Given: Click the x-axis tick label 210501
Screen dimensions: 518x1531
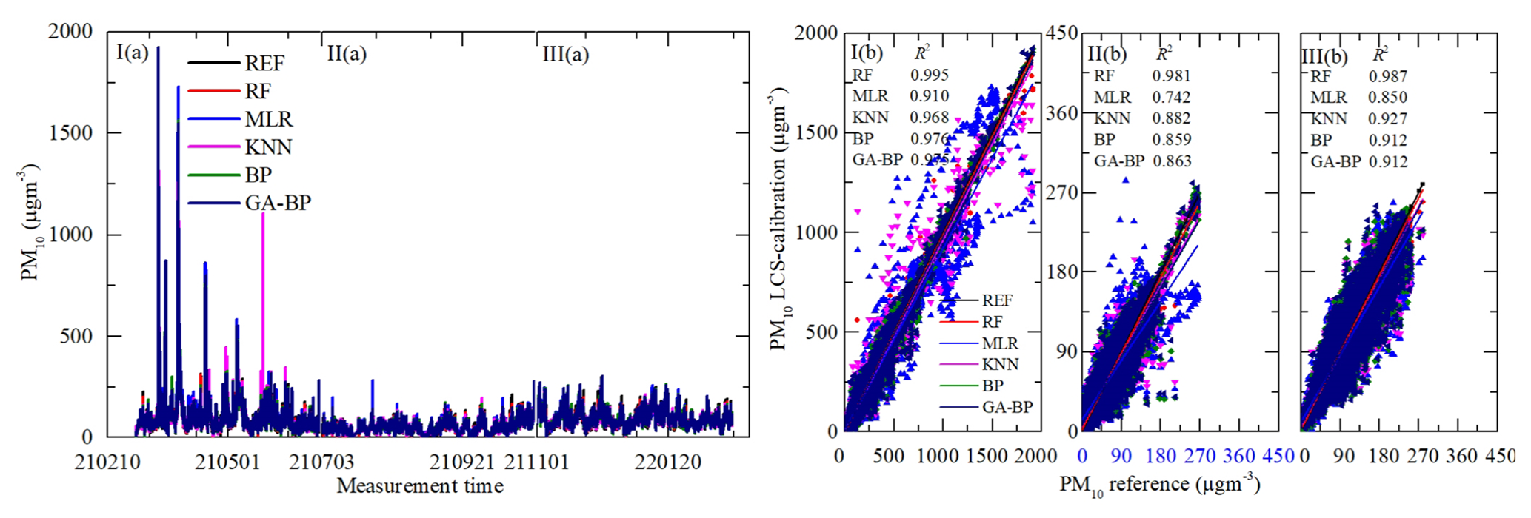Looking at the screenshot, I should [x=228, y=462].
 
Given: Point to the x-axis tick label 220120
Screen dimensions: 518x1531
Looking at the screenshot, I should [x=668, y=462].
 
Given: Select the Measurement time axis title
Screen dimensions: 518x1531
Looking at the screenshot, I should [x=420, y=486].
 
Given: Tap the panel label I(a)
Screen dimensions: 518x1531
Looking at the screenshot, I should [x=133, y=53].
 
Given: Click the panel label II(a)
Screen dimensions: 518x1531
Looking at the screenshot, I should [x=347, y=53].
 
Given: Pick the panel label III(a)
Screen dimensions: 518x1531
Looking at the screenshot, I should [x=566, y=54].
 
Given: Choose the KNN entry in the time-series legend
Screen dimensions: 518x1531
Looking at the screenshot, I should [x=268, y=147].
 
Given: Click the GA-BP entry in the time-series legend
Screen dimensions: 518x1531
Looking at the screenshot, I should [x=278, y=203].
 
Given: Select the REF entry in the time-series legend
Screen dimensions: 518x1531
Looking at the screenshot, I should [x=264, y=63].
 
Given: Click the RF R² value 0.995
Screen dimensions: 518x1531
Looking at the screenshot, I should [x=930, y=75].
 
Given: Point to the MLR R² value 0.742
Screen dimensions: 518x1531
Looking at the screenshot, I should [x=1171, y=97].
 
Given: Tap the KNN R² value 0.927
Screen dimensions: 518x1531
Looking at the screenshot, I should [x=1388, y=118].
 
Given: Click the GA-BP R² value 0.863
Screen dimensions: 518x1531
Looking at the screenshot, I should [x=1172, y=161].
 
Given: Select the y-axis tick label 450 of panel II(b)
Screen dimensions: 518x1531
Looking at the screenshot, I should [x=1061, y=33].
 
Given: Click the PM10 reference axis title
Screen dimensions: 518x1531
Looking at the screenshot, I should [x=1159, y=485].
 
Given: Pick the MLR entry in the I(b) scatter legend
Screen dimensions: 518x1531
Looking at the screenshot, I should [x=1000, y=343].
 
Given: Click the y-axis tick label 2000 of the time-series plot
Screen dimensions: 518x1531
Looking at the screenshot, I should [x=70, y=31].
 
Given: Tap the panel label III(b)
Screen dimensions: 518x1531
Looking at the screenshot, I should [x=1325, y=56].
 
